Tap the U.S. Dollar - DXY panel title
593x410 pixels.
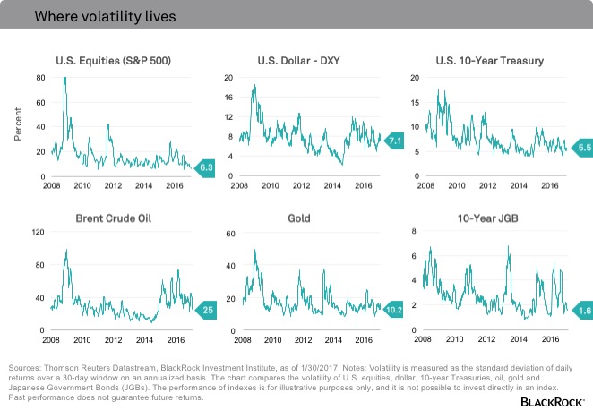[x=305, y=61]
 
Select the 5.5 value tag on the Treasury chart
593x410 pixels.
[x=582, y=145]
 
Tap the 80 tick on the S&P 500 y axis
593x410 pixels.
[x=40, y=78]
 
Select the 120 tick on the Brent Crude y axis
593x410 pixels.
[x=38, y=233]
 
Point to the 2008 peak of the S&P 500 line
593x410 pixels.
[x=64, y=80]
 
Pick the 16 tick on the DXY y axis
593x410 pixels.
[x=229, y=97]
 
